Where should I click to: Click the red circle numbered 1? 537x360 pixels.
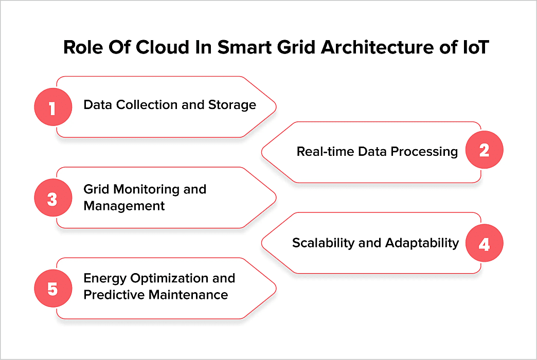(52, 107)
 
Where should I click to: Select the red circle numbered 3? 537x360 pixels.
(52, 199)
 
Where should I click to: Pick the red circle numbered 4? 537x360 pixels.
(484, 243)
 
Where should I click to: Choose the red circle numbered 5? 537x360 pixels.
(52, 289)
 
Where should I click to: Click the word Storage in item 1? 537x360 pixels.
(232, 105)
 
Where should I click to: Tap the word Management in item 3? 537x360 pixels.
(124, 206)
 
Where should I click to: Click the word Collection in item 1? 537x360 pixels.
(147, 105)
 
